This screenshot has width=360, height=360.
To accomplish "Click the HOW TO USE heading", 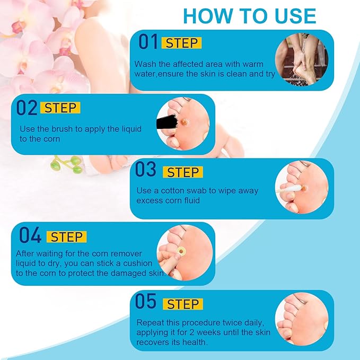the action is [250, 16].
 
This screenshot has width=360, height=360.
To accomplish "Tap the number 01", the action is [148, 41].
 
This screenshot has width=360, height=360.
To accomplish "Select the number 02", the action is [27, 108].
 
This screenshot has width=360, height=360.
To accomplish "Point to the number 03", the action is [146, 169].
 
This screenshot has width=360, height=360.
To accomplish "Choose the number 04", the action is [30, 235].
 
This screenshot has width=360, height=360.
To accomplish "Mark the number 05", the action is [146, 301].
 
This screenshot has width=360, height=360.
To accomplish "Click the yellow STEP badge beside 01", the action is [182, 43].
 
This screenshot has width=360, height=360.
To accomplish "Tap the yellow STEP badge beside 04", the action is [67, 236].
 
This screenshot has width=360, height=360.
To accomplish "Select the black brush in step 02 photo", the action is [167, 122].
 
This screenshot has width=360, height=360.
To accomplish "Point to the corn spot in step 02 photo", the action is [183, 122].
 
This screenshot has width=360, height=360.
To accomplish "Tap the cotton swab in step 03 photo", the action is [289, 189].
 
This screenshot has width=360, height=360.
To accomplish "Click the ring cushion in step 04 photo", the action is [181, 251].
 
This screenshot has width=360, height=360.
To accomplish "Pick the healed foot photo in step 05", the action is [302, 319].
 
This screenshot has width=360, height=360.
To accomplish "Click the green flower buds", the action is [67, 164].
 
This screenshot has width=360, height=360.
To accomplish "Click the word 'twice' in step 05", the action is [232, 322].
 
